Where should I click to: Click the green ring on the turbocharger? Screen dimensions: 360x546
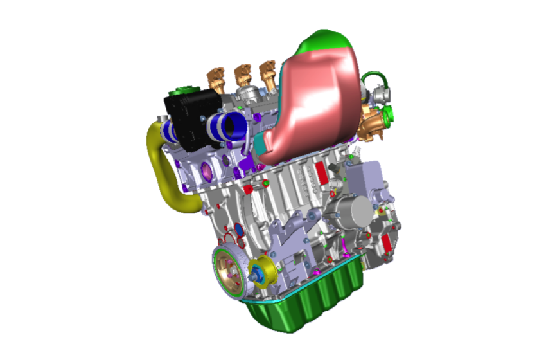point(388,116)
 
